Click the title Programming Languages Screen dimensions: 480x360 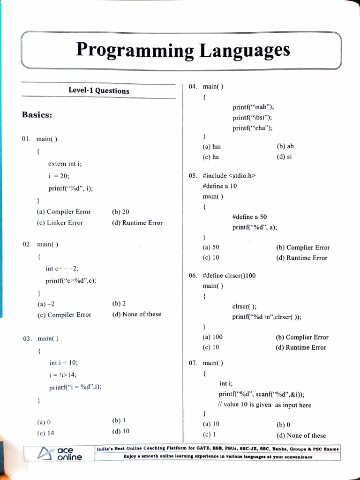183,50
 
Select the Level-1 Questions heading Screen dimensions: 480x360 99,91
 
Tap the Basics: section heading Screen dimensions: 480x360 37,115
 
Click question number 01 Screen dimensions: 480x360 27,139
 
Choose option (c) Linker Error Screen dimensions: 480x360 60,223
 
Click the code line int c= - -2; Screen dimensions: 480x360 62,269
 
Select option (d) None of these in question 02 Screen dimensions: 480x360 136,314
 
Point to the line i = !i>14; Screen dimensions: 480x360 63,375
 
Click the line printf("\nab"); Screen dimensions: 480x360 253,107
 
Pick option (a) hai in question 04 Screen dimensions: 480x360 211,146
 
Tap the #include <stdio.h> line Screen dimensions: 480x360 229,176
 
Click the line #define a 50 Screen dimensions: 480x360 249,217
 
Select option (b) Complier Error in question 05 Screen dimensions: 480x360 303,247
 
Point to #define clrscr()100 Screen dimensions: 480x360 229,276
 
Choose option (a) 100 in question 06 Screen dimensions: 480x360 213,337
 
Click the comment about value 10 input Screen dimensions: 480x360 264,405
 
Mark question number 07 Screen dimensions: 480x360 193,363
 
